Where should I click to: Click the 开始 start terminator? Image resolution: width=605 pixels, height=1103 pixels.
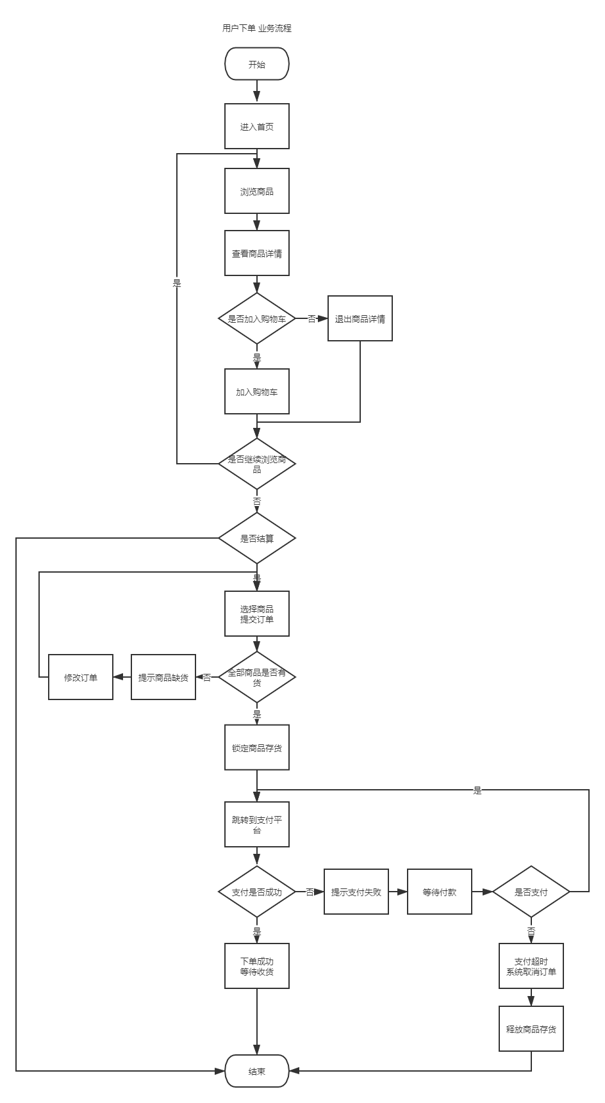(257, 64)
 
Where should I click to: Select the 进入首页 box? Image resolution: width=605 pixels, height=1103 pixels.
(257, 126)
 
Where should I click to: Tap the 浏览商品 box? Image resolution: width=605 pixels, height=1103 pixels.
(257, 191)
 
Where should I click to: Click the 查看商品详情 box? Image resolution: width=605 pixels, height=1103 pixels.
(257, 253)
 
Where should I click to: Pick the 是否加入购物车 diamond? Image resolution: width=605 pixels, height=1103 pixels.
(257, 318)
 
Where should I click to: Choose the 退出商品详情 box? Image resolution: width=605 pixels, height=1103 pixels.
(360, 318)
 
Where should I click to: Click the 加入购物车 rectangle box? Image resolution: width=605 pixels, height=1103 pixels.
(257, 391)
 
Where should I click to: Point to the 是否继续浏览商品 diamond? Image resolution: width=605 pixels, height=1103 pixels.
(257, 464)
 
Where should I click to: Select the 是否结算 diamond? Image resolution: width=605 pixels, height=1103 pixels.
(257, 538)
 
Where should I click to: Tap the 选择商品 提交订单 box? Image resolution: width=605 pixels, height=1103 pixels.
(257, 614)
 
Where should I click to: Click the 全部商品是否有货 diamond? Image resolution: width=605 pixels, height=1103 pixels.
(257, 677)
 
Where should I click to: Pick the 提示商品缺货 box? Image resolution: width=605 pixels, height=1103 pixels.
(163, 677)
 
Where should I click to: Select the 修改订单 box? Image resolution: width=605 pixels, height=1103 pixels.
(81, 677)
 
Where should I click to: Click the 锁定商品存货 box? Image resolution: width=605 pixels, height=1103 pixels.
(257, 747)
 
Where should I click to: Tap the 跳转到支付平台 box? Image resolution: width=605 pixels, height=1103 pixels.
(257, 824)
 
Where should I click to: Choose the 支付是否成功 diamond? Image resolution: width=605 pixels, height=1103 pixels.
(257, 892)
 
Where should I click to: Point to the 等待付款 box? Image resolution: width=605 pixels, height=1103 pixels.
(440, 892)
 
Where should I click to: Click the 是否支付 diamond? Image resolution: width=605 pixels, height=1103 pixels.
(531, 892)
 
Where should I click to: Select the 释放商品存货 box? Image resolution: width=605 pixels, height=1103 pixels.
(531, 1029)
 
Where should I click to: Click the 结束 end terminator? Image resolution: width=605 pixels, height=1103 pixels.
(257, 1071)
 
